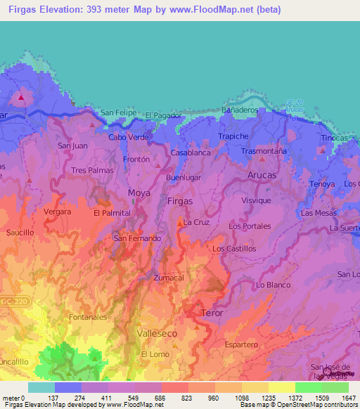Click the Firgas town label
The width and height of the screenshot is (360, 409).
point(180,201)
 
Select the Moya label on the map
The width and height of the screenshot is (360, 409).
point(139,192)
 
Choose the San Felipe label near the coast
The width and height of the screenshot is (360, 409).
point(117,112)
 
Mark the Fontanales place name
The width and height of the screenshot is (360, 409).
point(88,317)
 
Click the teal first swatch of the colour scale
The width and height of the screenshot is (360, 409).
point(41,387)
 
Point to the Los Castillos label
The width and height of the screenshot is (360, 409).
point(234,249)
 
